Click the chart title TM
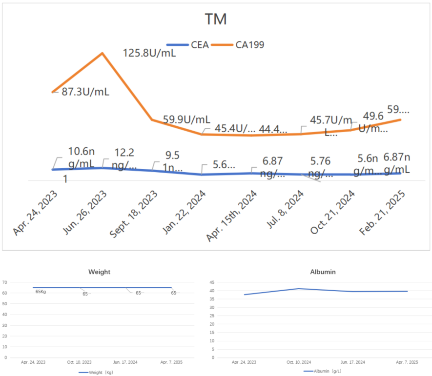[215, 20]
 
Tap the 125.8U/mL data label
[149, 53]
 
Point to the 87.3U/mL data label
[85, 92]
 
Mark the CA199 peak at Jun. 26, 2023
[102, 53]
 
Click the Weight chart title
[99, 271]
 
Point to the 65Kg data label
[41, 291]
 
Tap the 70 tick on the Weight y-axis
[4, 282]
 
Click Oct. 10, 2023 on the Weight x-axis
[79, 362]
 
